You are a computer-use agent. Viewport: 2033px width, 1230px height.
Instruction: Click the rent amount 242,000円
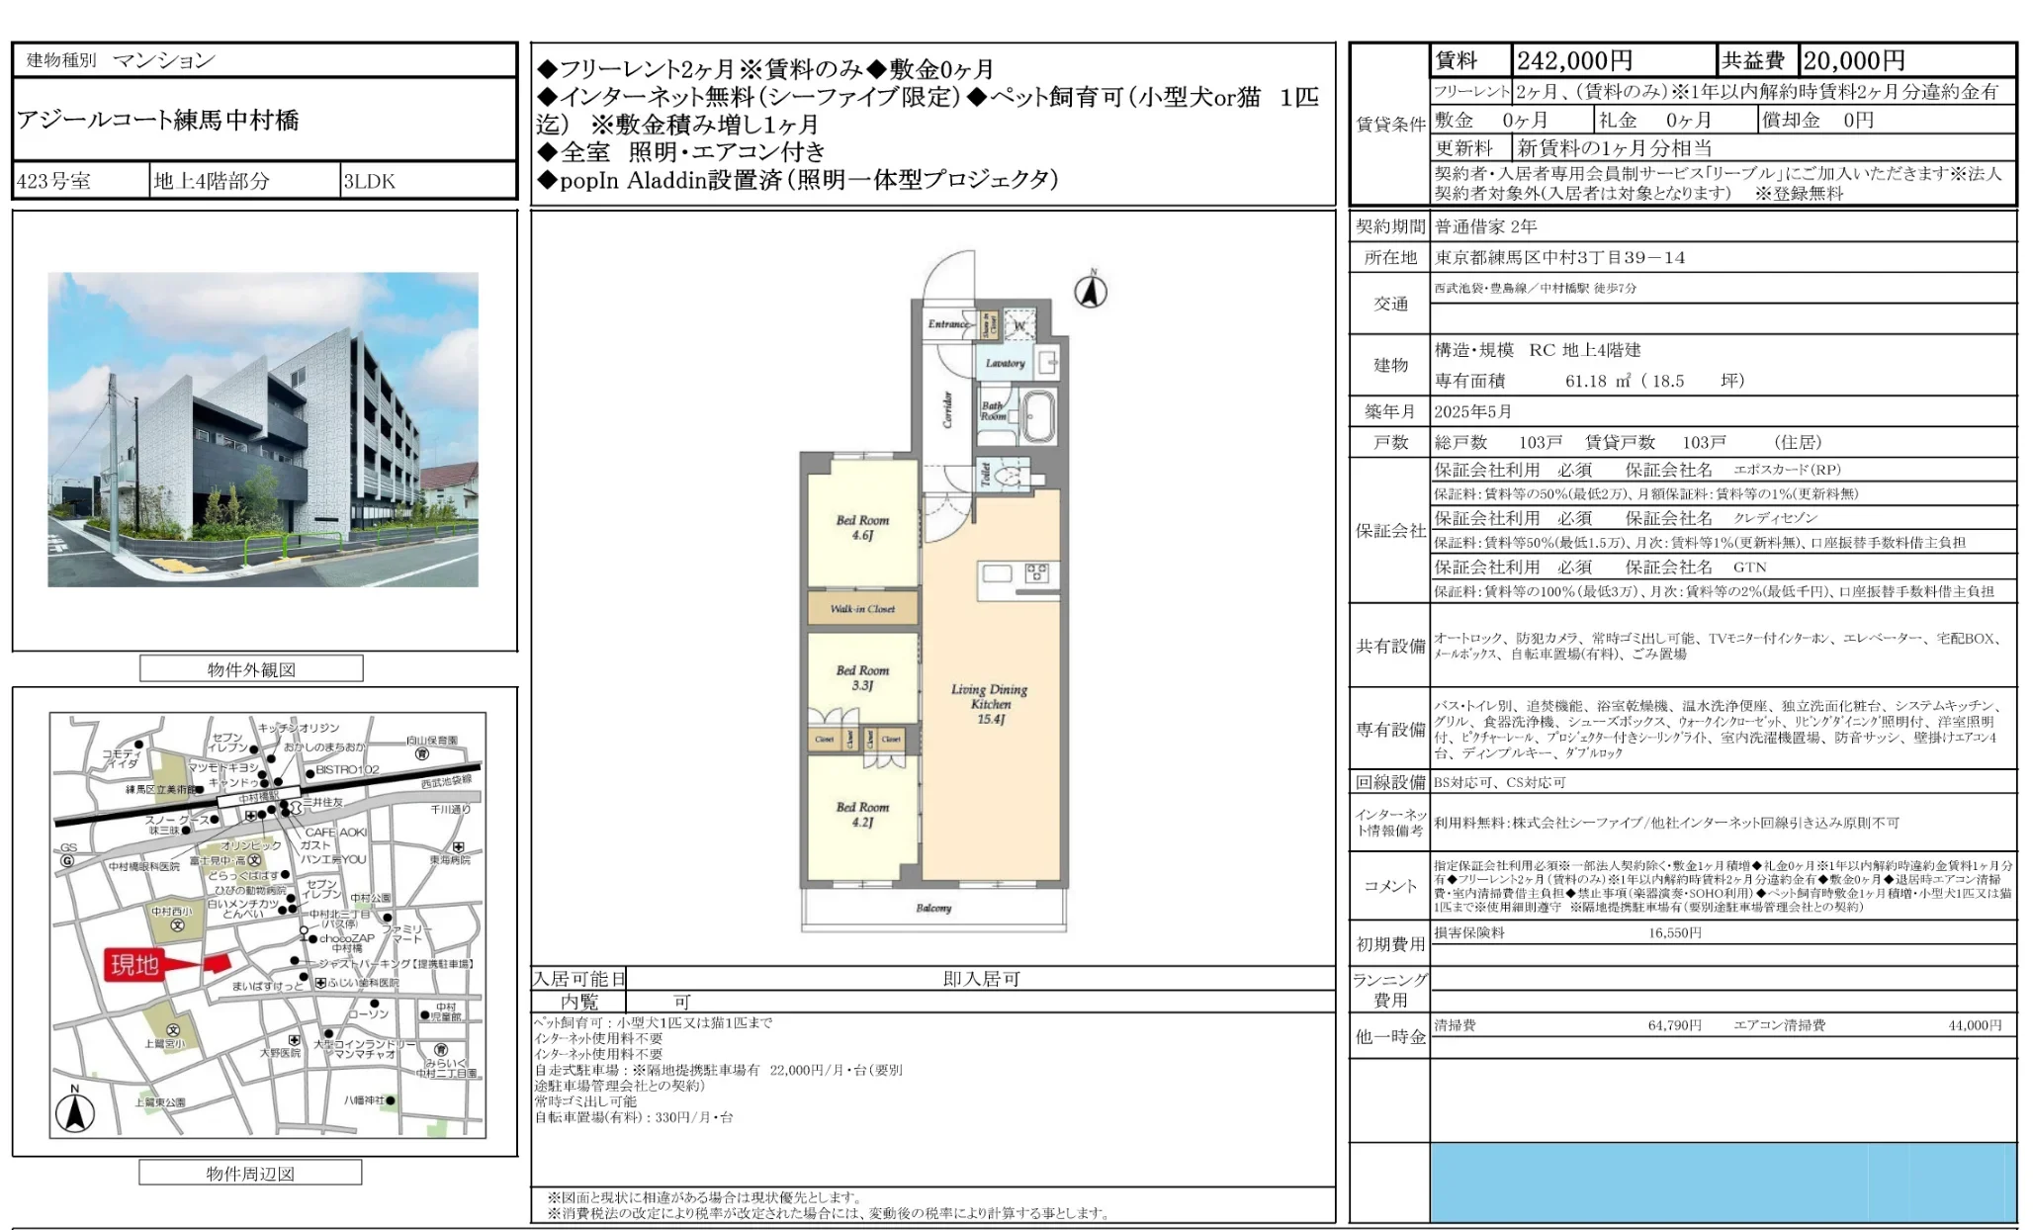(1574, 60)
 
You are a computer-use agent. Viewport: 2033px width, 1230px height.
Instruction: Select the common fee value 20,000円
(1853, 60)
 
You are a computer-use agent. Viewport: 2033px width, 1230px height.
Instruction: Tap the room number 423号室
(53, 181)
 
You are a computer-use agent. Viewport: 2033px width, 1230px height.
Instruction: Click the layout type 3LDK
(369, 181)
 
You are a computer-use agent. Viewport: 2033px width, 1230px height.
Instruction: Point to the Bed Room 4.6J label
(862, 527)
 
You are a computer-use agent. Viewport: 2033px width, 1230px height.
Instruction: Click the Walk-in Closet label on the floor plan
(862, 609)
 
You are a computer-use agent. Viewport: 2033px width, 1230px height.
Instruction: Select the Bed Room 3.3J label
(862, 677)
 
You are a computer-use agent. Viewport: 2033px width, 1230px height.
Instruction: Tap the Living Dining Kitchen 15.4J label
(989, 704)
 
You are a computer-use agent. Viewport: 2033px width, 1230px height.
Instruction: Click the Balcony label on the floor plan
(933, 908)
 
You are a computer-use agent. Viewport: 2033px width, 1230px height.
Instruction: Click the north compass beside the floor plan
(1091, 291)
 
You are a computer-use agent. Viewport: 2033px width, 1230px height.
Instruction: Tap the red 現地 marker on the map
(135, 964)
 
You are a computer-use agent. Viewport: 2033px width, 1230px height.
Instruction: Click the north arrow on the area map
(74, 1110)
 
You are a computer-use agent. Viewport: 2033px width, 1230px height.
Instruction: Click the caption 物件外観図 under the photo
(251, 669)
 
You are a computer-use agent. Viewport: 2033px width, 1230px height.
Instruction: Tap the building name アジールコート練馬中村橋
(158, 120)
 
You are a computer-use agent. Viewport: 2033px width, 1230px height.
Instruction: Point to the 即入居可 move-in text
(981, 979)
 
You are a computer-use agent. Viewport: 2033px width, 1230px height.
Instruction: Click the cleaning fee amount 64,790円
(1674, 1025)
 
